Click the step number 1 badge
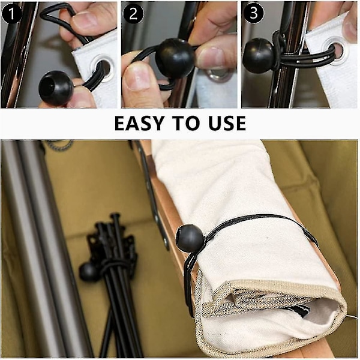pos(11,13)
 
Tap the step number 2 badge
pos(133,13)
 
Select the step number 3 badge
pos(253,13)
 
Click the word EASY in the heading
pos(142,123)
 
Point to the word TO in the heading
pos(188,123)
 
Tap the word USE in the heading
pos(227,123)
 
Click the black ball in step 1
pos(56,87)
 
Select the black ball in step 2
pos(175,59)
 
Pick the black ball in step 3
pos(259,52)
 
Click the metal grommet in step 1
pos(103,68)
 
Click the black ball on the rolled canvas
pos(189,238)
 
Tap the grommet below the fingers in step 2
pos(217,74)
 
